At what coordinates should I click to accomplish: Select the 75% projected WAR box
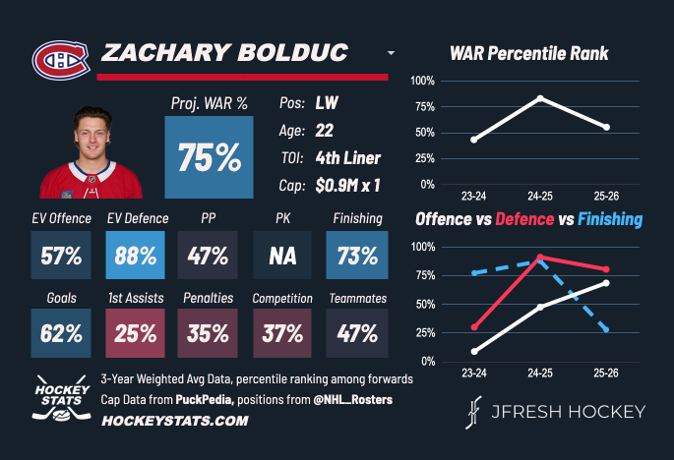click(x=209, y=157)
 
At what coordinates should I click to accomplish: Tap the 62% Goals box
click(x=61, y=332)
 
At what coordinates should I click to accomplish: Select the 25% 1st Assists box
click(x=135, y=332)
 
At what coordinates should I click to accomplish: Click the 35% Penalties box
click(x=209, y=332)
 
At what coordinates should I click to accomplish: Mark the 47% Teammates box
click(x=356, y=332)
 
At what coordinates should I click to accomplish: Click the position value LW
click(x=328, y=102)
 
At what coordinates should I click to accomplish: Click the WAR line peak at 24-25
click(x=540, y=97)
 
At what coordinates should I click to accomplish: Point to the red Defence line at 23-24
click(x=474, y=327)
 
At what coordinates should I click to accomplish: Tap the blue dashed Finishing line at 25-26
click(x=606, y=329)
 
